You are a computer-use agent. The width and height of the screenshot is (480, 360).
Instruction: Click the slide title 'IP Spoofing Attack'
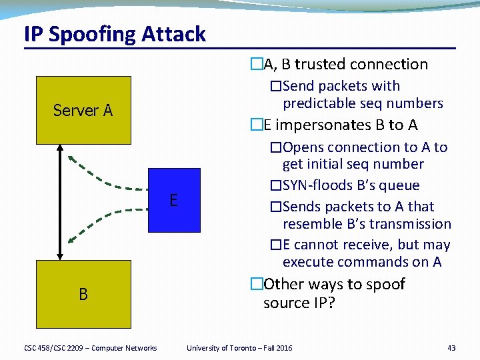(x=115, y=34)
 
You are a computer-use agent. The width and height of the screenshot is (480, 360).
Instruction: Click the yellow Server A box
(x=83, y=110)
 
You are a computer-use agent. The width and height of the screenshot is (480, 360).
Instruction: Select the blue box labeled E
(x=173, y=200)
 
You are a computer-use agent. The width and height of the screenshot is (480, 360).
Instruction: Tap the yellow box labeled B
(x=83, y=293)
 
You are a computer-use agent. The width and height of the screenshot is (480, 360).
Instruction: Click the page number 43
(x=451, y=348)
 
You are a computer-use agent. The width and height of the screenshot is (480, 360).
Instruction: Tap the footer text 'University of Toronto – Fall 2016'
(x=239, y=348)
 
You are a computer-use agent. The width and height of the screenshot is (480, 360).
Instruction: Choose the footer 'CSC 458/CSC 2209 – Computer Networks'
(x=90, y=348)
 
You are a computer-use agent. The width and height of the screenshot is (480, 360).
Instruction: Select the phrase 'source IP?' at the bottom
(x=299, y=303)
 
